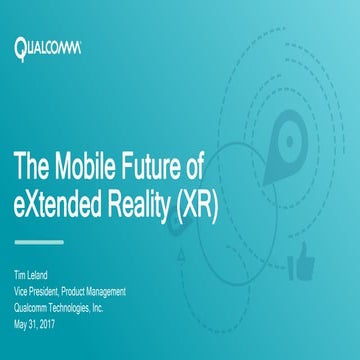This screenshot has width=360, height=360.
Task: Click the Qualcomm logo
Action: pos(48,46)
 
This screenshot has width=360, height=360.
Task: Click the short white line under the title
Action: pos(39,241)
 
